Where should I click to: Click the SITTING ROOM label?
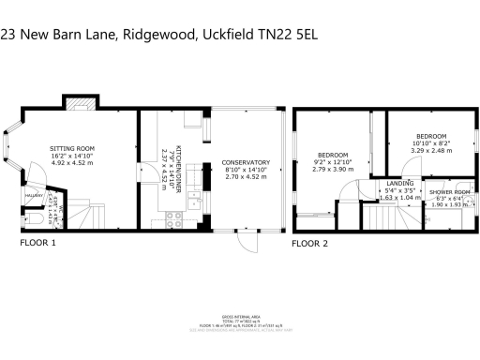[72, 147]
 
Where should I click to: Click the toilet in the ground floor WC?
[34, 218]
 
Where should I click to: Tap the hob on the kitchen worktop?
[173, 220]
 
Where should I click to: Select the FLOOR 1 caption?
[38, 243]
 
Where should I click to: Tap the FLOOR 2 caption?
[310, 243]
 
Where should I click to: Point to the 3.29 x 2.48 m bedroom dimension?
[433, 149]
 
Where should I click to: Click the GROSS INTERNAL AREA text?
[240, 317]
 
